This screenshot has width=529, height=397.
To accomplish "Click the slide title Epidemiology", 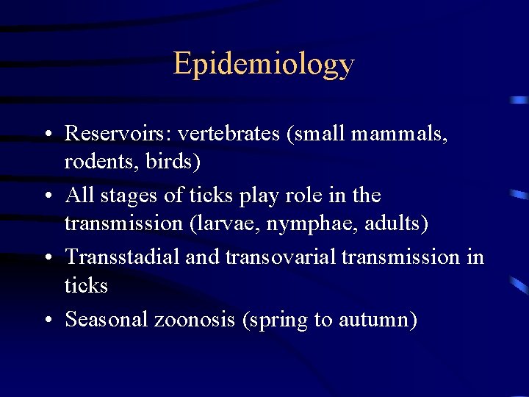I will [x=264, y=65].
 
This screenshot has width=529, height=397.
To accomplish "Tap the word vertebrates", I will [x=229, y=133].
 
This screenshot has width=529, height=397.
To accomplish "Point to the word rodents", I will [x=93, y=160].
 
